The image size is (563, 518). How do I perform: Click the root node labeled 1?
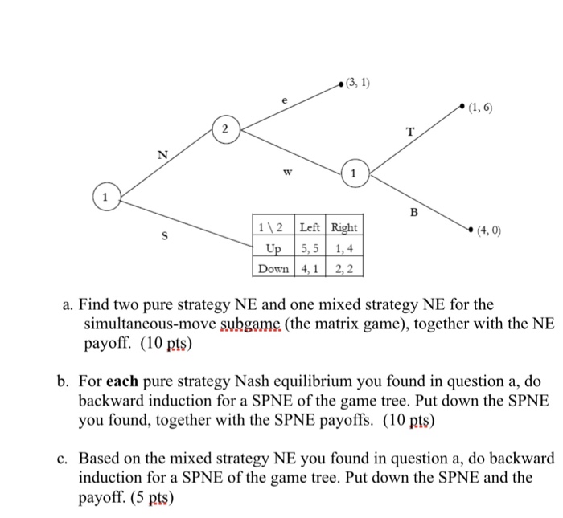[104, 196]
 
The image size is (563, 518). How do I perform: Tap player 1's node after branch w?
[353, 173]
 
